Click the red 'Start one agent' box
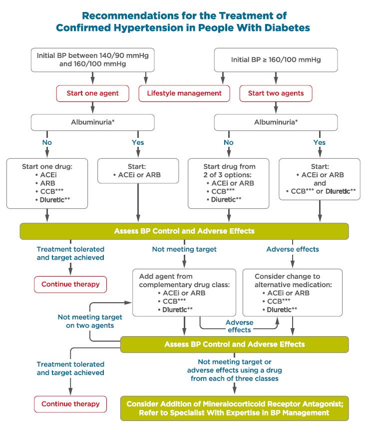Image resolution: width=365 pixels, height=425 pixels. click(x=93, y=93)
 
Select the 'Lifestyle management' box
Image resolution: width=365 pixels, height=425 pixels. click(x=184, y=93)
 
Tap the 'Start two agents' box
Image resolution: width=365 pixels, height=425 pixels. click(x=276, y=93)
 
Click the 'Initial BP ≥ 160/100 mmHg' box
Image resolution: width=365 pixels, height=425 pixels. click(x=276, y=60)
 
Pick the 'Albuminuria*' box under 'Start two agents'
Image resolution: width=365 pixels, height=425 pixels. click(x=276, y=122)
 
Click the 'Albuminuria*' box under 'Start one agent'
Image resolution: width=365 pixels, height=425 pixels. click(x=93, y=122)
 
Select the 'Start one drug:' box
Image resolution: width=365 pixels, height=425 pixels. click(x=47, y=183)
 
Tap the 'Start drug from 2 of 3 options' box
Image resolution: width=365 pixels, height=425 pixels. click(x=228, y=183)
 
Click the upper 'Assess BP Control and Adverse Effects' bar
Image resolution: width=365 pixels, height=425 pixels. click(x=184, y=231)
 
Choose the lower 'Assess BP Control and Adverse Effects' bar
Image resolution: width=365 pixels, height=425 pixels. click(x=235, y=345)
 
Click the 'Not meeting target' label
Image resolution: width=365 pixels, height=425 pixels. click(x=184, y=249)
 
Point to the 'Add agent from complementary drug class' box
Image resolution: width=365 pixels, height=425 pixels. click(x=184, y=293)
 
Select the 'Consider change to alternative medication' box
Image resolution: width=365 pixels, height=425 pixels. click(x=293, y=293)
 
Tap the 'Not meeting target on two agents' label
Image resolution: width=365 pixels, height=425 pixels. click(x=90, y=321)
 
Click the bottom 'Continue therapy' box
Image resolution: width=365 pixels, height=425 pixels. click(x=70, y=404)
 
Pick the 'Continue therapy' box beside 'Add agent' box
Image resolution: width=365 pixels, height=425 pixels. click(x=70, y=284)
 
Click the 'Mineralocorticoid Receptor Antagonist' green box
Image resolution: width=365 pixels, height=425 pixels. click(x=235, y=408)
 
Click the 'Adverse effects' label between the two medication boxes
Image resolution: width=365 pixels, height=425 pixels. click(x=240, y=326)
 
